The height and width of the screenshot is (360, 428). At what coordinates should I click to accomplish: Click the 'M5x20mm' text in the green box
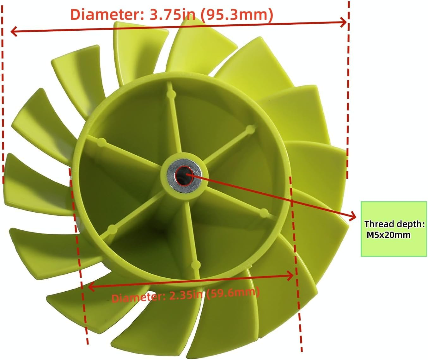(x=388, y=235)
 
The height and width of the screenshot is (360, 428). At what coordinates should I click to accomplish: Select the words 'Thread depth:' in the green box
(x=394, y=224)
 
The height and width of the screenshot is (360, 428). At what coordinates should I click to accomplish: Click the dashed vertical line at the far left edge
(x=3, y=95)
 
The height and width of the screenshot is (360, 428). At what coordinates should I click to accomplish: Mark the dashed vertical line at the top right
(x=348, y=89)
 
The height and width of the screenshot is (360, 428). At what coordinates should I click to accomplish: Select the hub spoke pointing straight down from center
(x=193, y=240)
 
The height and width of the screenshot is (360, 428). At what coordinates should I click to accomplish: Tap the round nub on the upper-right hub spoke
(x=251, y=129)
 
